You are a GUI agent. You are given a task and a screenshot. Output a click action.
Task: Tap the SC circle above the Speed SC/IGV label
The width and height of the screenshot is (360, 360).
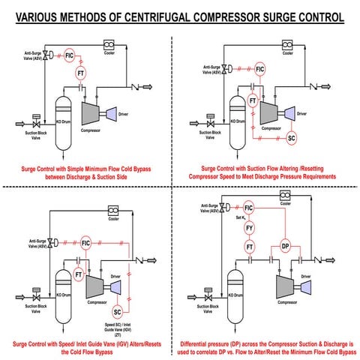pos(117,310)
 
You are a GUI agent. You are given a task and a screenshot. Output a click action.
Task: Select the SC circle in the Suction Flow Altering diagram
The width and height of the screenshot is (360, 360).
pos(292,137)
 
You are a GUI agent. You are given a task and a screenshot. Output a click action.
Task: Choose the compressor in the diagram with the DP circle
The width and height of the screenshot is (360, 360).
pos(283,285)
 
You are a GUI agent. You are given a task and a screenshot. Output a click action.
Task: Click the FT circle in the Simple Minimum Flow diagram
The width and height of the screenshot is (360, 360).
pos(82,73)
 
